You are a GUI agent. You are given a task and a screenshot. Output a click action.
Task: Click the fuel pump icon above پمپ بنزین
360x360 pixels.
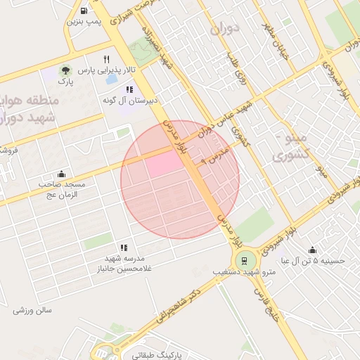(84, 11)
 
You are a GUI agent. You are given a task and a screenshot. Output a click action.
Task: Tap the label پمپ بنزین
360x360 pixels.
(84, 22)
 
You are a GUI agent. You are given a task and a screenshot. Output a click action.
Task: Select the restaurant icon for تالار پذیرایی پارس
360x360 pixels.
(107, 59)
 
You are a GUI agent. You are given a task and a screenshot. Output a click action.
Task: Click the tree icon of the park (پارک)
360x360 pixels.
(65, 71)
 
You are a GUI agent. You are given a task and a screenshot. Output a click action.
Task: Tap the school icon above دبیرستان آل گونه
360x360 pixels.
(129, 89)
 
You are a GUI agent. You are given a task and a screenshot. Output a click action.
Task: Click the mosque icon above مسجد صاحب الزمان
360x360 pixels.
(62, 174)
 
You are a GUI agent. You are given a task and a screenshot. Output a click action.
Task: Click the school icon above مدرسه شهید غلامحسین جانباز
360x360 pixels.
(124, 247)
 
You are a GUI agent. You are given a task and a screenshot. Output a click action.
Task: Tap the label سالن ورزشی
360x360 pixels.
(32, 310)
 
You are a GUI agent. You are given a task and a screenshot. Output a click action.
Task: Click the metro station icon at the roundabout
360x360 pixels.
(244, 260)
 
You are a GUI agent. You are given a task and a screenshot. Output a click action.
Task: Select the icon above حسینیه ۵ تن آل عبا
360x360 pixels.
(312, 250)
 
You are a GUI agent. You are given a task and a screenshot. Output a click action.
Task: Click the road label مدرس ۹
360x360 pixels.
(216, 155)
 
